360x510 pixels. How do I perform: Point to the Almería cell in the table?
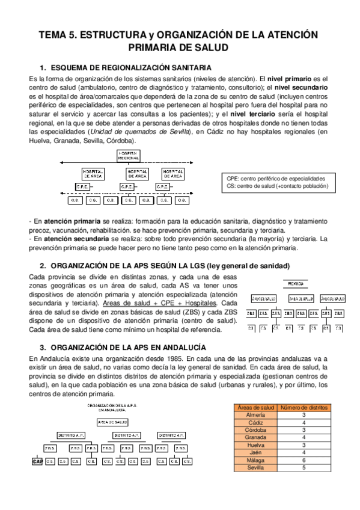[x=255, y=415]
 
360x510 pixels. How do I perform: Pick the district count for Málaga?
[x=304, y=459]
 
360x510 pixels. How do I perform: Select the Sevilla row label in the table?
[x=255, y=467]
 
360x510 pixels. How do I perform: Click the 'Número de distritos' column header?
[x=304, y=408]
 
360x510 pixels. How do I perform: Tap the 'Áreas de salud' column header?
[x=255, y=408]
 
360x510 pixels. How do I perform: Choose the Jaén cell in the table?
[x=255, y=452]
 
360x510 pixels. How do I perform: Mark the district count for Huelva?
[x=304, y=444]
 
